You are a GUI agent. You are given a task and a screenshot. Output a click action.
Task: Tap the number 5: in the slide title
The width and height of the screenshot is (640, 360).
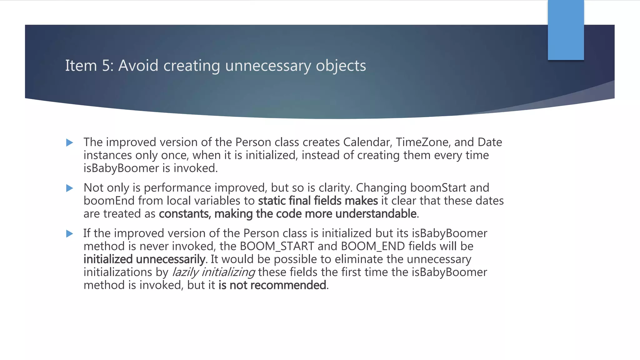pyautogui.click(x=108, y=66)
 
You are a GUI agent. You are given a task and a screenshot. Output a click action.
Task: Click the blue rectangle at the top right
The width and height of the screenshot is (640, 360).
pyautogui.click(x=566, y=30)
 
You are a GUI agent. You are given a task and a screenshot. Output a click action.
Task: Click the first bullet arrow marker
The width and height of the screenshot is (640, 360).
pyautogui.click(x=70, y=143)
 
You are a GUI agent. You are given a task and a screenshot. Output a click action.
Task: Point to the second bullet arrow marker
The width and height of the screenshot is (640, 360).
pyautogui.click(x=70, y=188)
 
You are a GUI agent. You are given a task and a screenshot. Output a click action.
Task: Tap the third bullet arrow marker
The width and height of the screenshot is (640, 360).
pyautogui.click(x=70, y=234)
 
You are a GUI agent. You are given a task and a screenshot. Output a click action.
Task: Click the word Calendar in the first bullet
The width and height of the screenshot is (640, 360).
pyautogui.click(x=367, y=142)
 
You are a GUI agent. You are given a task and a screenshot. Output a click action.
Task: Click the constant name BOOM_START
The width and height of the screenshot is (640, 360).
pyautogui.click(x=277, y=246)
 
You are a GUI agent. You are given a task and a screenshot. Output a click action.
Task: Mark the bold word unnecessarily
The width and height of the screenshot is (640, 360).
pyautogui.click(x=171, y=259)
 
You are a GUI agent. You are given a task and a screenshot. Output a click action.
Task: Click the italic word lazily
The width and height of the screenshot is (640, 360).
pyautogui.click(x=185, y=272)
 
